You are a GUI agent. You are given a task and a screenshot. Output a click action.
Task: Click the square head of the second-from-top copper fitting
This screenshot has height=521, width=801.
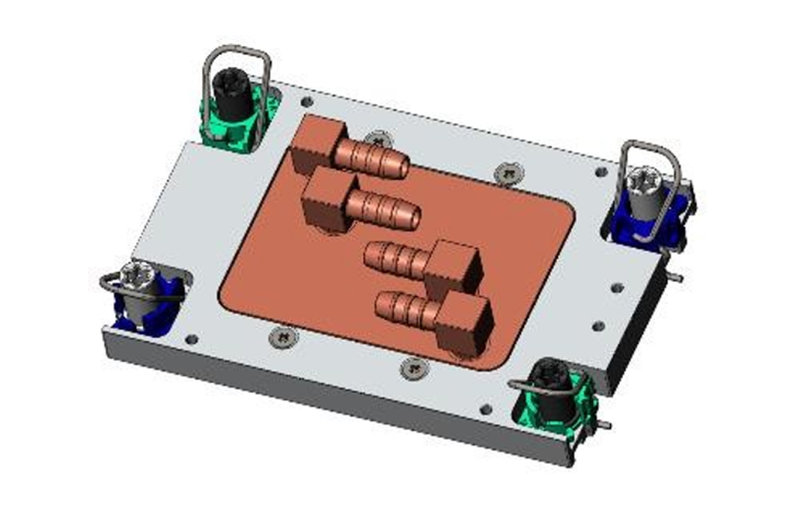click(327, 195)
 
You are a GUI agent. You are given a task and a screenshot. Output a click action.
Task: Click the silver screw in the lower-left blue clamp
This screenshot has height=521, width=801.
click(134, 280)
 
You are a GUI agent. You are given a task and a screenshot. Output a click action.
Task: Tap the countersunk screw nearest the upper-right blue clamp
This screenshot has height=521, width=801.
click(507, 171)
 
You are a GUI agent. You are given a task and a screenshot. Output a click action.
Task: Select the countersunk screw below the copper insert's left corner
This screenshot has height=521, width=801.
click(284, 337)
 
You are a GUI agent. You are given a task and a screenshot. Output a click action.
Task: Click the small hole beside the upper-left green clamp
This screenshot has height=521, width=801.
click(306, 102)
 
